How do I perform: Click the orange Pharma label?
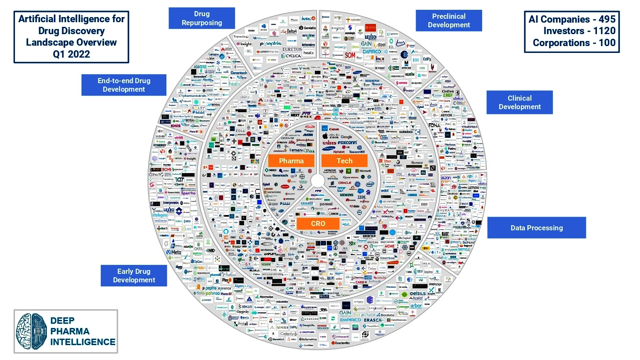[291, 161]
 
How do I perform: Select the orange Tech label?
[344, 161]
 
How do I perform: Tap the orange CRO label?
[318, 224]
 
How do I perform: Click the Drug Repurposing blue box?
[202, 18]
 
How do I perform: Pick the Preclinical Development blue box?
[449, 20]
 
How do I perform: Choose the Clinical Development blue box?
[519, 102]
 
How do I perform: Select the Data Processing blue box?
[536, 228]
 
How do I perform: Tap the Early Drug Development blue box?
[134, 276]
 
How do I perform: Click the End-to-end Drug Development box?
[124, 85]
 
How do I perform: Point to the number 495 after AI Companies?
[607, 19]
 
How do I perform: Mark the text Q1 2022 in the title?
[71, 54]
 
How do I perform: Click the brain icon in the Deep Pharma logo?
[31, 331]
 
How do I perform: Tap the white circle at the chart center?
[318, 180]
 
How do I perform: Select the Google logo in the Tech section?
[346, 137]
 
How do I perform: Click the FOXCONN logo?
[347, 142]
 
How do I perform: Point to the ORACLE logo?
[345, 183]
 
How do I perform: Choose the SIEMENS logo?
[346, 195]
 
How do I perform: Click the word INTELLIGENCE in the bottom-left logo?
[83, 342]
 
